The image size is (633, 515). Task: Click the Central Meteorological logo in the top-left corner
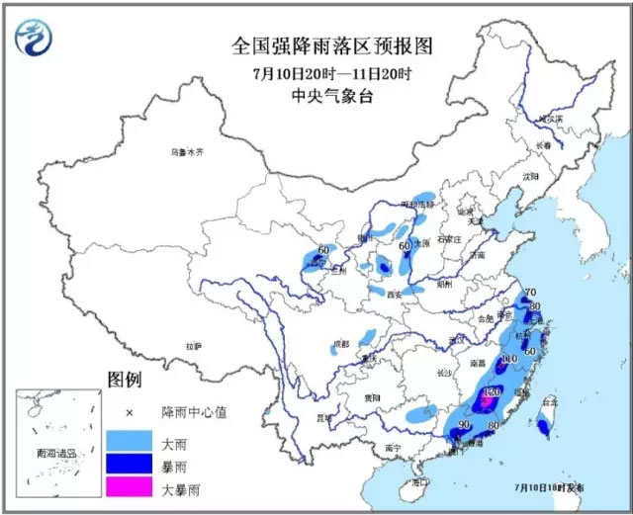36,37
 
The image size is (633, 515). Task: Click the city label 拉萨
192,346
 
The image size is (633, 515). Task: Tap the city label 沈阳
531,176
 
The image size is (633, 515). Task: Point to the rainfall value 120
492,392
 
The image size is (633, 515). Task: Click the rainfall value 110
509,359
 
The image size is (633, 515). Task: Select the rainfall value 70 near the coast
529,293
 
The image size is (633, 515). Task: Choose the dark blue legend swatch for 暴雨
130,462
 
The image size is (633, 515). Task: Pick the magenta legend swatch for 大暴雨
130,484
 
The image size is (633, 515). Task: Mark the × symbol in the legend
129,411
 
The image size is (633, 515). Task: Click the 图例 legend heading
126,381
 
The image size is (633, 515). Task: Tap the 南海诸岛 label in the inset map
51,452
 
